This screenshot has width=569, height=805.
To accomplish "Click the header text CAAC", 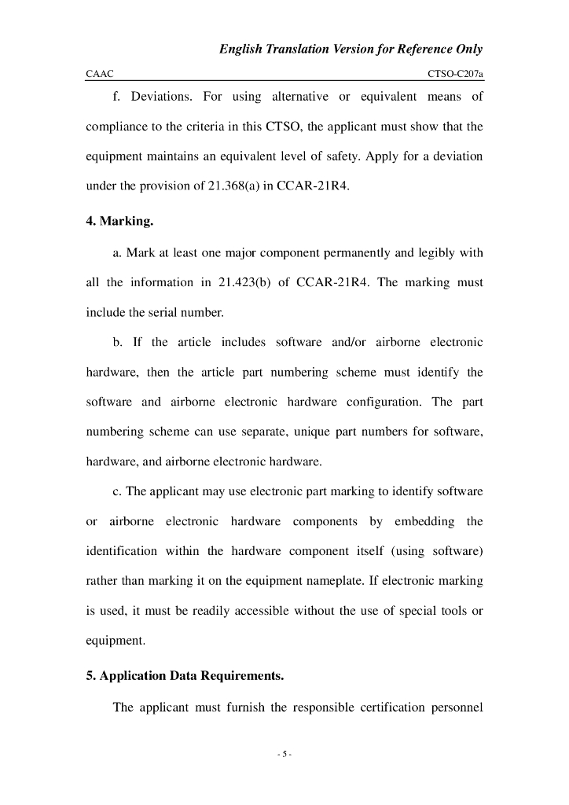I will (100, 74).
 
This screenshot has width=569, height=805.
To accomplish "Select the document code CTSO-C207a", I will (455, 74).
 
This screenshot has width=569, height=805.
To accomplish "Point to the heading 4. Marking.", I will (119, 221).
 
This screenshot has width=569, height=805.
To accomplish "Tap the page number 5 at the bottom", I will (284, 755).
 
